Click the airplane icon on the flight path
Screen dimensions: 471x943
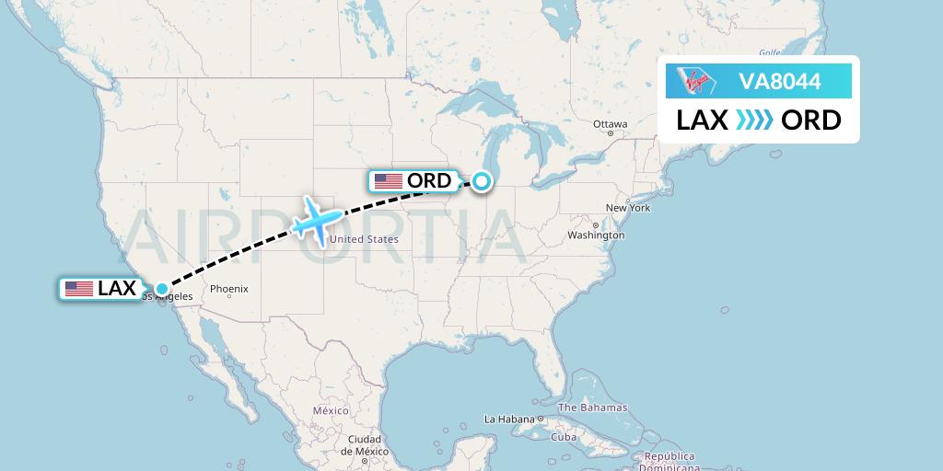click(x=316, y=221)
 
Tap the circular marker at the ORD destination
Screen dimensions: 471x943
click(x=482, y=182)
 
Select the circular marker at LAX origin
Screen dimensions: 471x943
click(x=162, y=289)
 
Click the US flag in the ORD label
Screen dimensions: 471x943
click(x=389, y=181)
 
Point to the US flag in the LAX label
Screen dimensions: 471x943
click(x=79, y=289)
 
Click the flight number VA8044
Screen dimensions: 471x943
click(x=780, y=81)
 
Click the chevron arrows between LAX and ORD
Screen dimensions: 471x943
click(x=755, y=121)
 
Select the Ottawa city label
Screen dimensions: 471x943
click(x=610, y=124)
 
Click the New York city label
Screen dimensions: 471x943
click(x=628, y=208)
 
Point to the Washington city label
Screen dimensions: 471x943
click(x=596, y=235)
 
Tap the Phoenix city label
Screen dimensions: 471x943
click(x=229, y=289)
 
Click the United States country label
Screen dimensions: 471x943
click(x=364, y=240)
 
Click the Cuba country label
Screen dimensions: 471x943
click(x=564, y=437)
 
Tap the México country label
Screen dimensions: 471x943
click(x=330, y=410)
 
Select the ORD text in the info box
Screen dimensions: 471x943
click(x=810, y=121)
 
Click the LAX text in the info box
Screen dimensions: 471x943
click(x=703, y=121)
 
